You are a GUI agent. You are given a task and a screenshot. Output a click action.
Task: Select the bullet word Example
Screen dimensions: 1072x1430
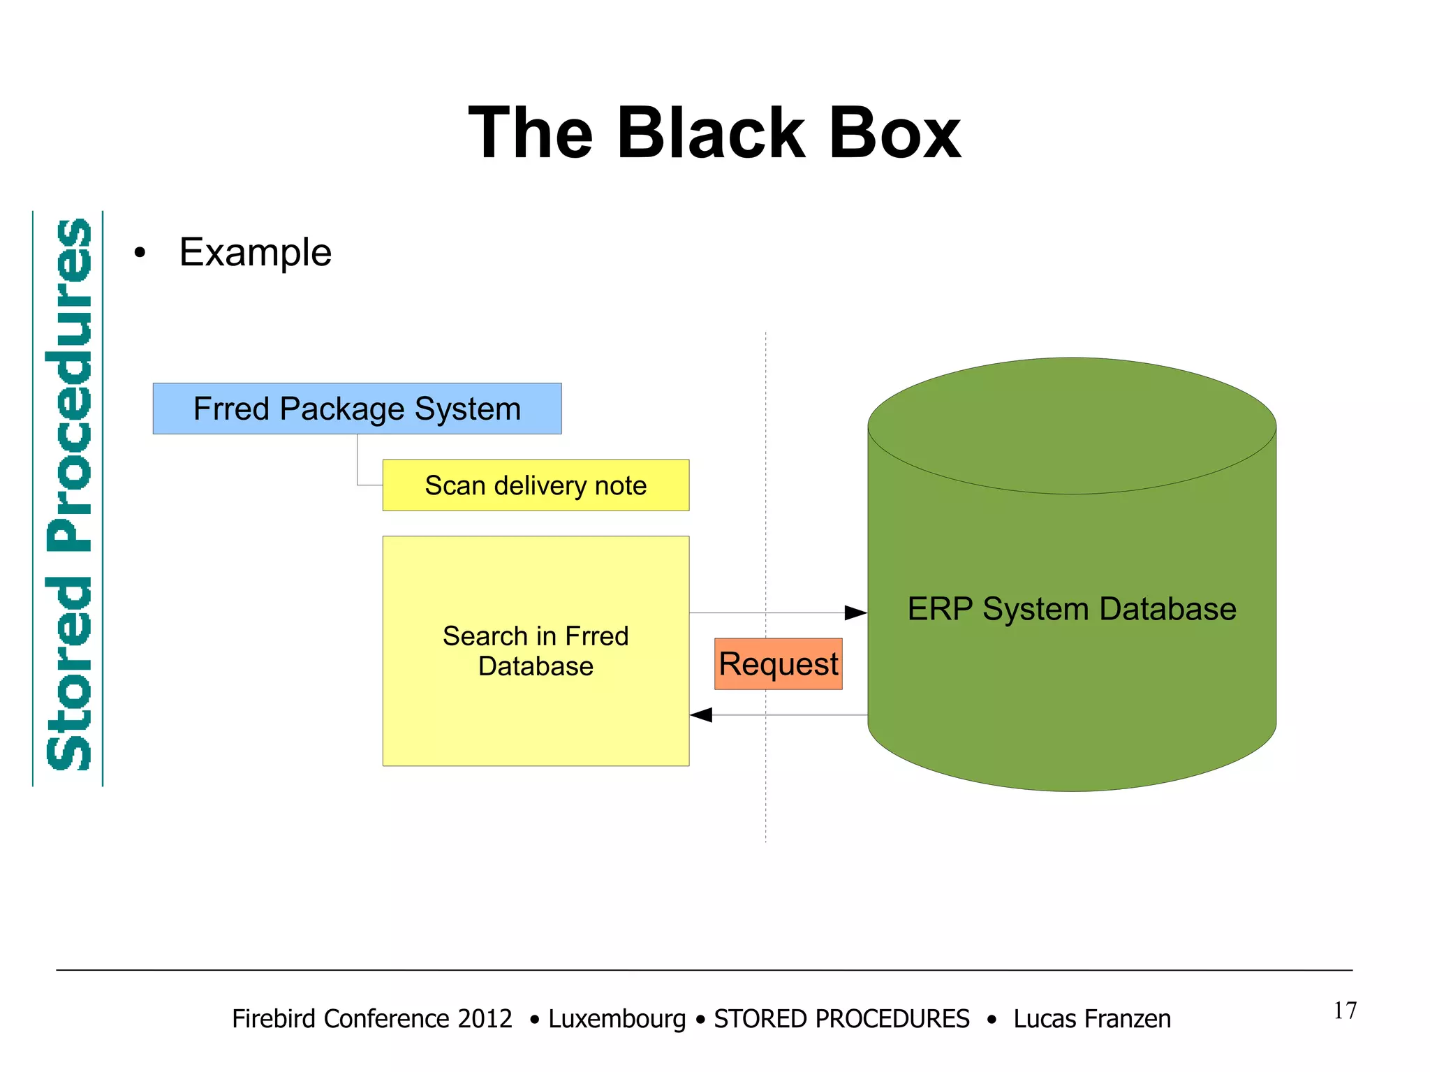[255, 252]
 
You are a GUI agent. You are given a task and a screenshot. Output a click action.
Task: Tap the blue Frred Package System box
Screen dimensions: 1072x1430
[357, 409]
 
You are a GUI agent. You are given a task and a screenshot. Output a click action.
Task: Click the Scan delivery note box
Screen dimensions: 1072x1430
[536, 485]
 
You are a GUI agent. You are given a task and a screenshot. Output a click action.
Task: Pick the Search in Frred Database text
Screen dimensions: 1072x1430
[536, 651]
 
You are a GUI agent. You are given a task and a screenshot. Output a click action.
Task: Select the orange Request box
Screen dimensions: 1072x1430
[778, 663]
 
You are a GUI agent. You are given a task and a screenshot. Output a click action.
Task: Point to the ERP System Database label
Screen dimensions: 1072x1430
[1071, 609]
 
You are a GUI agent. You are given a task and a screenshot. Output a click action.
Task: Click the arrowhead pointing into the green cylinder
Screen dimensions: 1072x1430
[856, 613]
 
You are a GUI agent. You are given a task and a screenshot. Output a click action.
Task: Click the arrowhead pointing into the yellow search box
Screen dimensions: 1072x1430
[701, 715]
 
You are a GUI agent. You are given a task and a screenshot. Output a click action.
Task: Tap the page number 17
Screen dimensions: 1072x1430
[1345, 1011]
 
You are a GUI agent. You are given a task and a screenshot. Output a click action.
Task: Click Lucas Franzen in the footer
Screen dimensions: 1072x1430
[1091, 1019]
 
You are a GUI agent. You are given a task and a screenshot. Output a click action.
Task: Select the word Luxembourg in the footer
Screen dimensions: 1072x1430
[617, 1019]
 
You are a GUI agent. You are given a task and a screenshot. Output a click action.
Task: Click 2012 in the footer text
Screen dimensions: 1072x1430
[485, 1019]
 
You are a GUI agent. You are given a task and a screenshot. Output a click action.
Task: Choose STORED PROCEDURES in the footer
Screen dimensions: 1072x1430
[841, 1019]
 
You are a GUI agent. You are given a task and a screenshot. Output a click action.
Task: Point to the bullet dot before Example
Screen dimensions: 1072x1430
[140, 254]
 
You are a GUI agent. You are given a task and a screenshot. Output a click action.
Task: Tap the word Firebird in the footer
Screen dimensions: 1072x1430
[273, 1019]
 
